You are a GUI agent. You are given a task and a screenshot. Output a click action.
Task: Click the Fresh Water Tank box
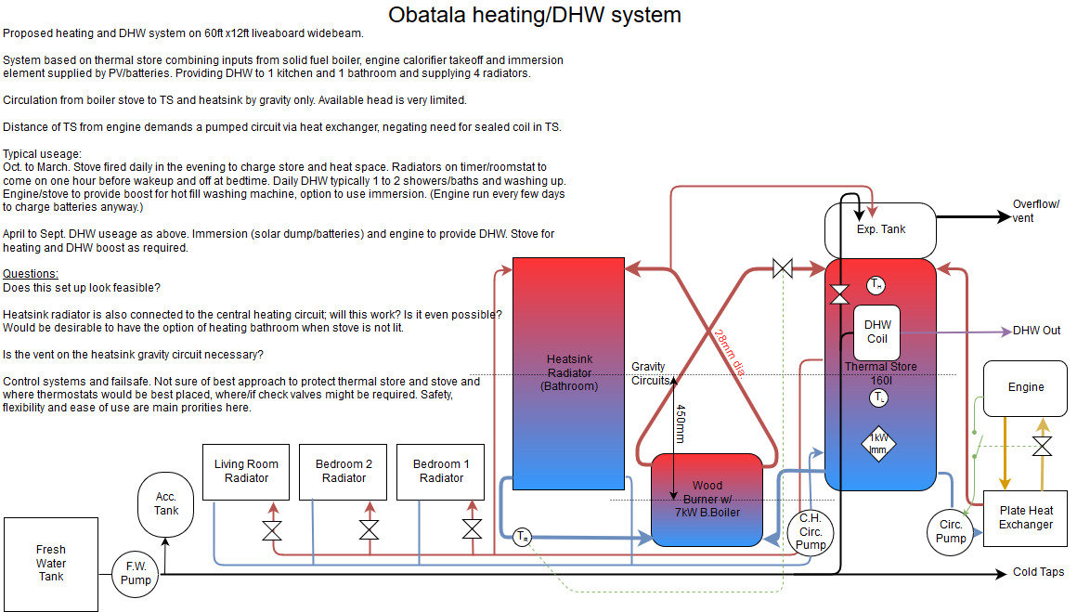(51, 564)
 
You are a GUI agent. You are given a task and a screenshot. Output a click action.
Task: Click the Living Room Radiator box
(246, 472)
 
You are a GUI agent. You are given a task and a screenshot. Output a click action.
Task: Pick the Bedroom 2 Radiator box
(344, 472)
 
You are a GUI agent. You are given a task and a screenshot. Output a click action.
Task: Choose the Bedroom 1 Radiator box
(441, 472)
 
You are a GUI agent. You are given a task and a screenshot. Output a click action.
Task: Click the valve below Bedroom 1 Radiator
(472, 530)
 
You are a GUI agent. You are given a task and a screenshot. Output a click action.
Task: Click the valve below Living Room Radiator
(272, 530)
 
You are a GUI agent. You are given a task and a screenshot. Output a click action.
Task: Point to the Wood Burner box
(707, 499)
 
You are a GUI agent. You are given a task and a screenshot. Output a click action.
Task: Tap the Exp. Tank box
(880, 229)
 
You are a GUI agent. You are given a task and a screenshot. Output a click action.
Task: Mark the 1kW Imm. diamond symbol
(877, 443)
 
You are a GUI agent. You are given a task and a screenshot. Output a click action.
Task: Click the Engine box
(1025, 387)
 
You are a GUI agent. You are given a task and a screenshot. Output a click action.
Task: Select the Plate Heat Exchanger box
(1025, 517)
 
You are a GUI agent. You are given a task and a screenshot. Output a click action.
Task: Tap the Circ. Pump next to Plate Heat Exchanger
(950, 531)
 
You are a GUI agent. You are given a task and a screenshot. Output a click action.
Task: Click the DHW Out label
(1036, 331)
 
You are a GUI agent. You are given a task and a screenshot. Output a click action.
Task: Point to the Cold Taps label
(1038, 573)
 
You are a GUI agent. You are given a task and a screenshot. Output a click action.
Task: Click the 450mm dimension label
(681, 424)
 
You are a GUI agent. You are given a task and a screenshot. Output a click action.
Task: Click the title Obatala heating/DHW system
(534, 15)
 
